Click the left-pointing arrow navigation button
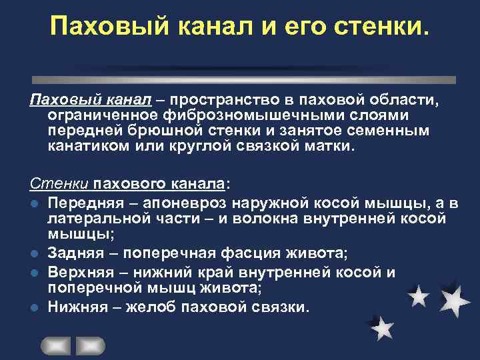56,345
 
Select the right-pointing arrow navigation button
91,345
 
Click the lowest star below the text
382,327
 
